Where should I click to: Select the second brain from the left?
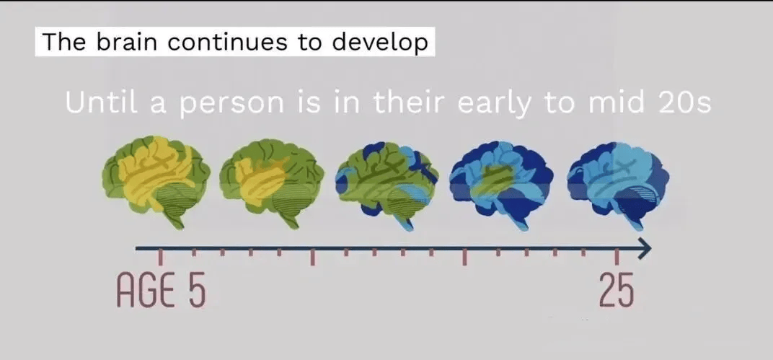pyautogui.click(x=272, y=183)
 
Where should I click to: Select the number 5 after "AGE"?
pyautogui.click(x=196, y=289)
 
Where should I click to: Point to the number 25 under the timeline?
pyautogui.click(x=617, y=289)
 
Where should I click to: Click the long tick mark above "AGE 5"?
pyautogui.click(x=161, y=258)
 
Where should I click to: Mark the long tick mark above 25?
pyautogui.click(x=617, y=258)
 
